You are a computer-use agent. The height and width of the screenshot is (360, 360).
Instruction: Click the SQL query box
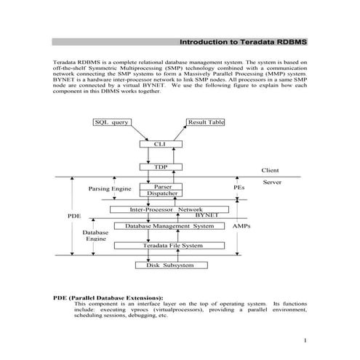(x=112, y=122)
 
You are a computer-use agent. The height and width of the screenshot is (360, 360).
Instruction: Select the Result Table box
(x=206, y=122)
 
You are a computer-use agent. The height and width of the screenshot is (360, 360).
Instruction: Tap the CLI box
(x=160, y=144)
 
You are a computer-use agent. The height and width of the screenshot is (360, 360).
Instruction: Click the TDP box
(x=160, y=167)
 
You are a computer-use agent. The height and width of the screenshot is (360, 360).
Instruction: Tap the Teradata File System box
(x=170, y=246)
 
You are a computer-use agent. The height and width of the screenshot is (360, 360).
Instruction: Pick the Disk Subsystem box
(x=169, y=265)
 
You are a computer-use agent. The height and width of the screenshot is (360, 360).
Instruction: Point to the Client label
(x=270, y=170)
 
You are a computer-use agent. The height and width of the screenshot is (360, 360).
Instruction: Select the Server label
(x=271, y=182)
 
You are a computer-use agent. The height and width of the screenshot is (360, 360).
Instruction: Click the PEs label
(x=239, y=188)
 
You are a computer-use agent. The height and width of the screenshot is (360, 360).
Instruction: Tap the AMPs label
(x=241, y=226)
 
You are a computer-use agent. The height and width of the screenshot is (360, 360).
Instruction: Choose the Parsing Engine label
(x=109, y=188)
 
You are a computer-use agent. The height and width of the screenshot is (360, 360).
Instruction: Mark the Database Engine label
(x=96, y=236)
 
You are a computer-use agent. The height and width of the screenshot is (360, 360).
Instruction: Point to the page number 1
(x=306, y=340)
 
